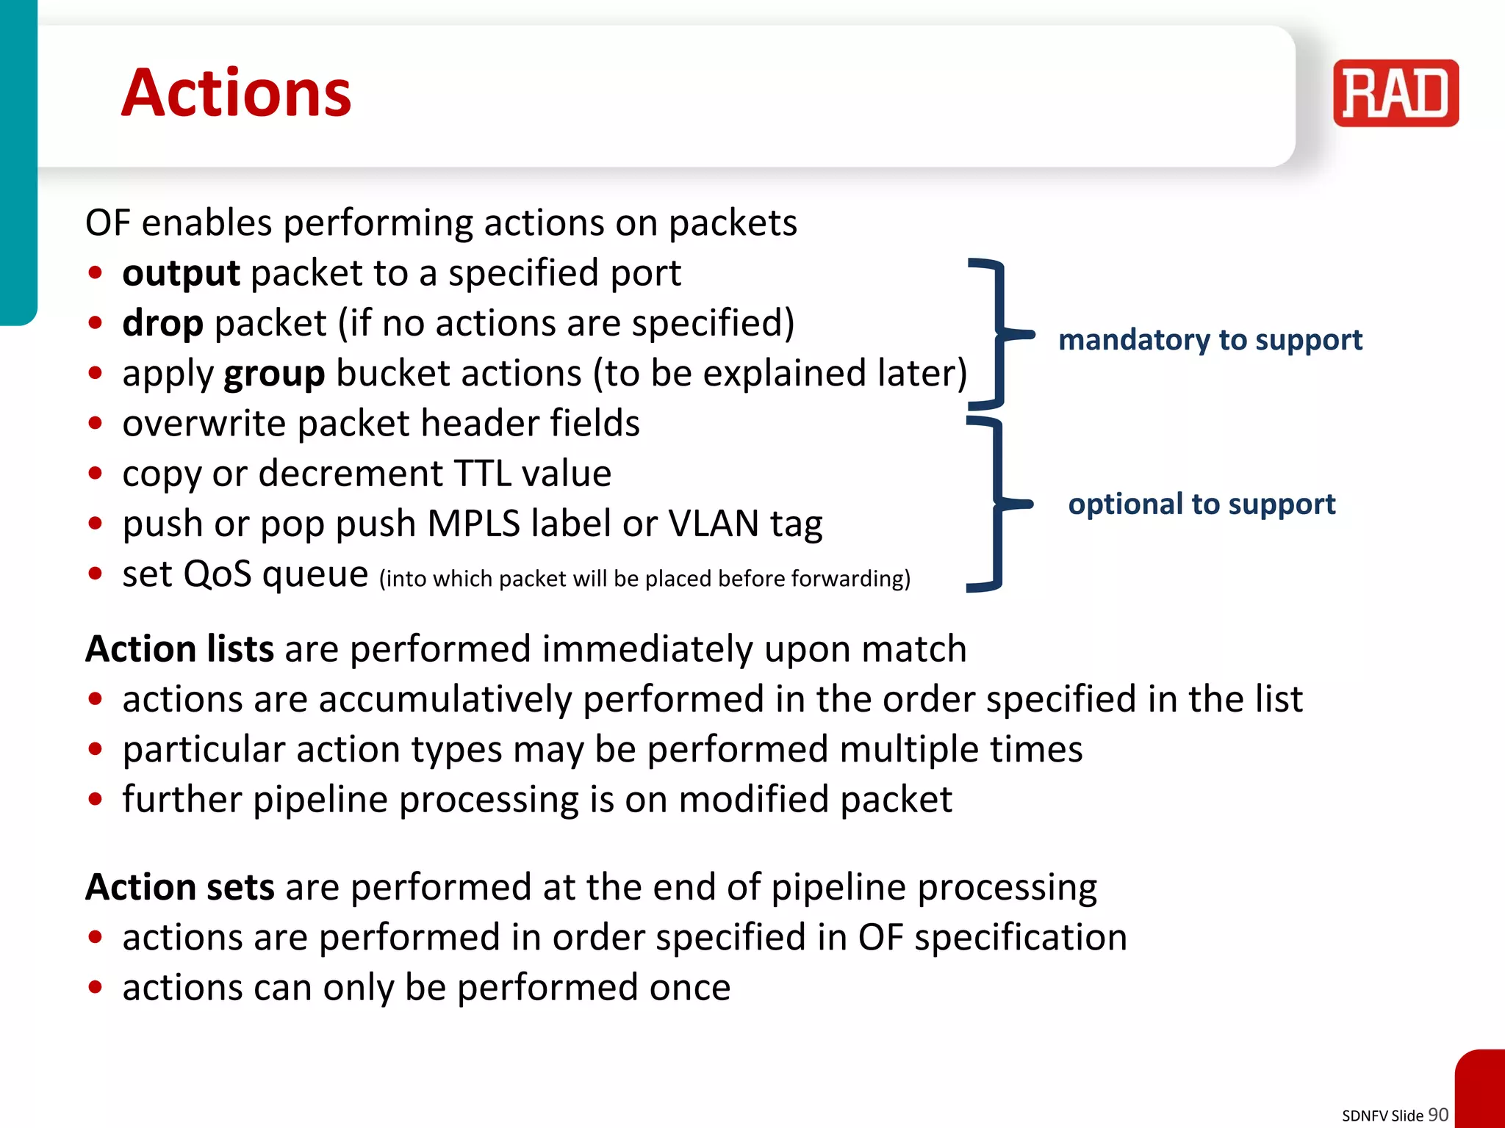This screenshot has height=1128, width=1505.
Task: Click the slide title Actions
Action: [x=236, y=93]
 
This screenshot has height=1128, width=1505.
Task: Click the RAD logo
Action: [x=1396, y=93]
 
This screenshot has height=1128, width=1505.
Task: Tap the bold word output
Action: [x=181, y=274]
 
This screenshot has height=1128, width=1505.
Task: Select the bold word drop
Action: [x=162, y=324]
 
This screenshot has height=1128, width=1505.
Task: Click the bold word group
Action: [x=274, y=375]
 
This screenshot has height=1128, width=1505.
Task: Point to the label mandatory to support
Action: [x=1210, y=340]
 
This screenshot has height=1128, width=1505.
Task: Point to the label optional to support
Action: [x=1202, y=505]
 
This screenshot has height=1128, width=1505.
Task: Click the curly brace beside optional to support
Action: [x=996, y=504]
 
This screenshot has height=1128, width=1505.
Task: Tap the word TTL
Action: [x=482, y=474]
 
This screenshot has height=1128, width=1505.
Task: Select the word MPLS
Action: [x=473, y=524]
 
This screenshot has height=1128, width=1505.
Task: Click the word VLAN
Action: [x=713, y=524]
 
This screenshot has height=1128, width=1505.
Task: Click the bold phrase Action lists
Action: [x=180, y=649]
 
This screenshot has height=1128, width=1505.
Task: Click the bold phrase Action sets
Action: [x=180, y=887]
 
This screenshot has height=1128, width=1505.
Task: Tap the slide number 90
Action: [x=1437, y=1115]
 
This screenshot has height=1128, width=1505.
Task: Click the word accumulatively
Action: [x=445, y=700]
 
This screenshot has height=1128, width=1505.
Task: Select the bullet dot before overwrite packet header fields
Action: [x=95, y=424]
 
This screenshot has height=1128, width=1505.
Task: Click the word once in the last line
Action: [x=690, y=988]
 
